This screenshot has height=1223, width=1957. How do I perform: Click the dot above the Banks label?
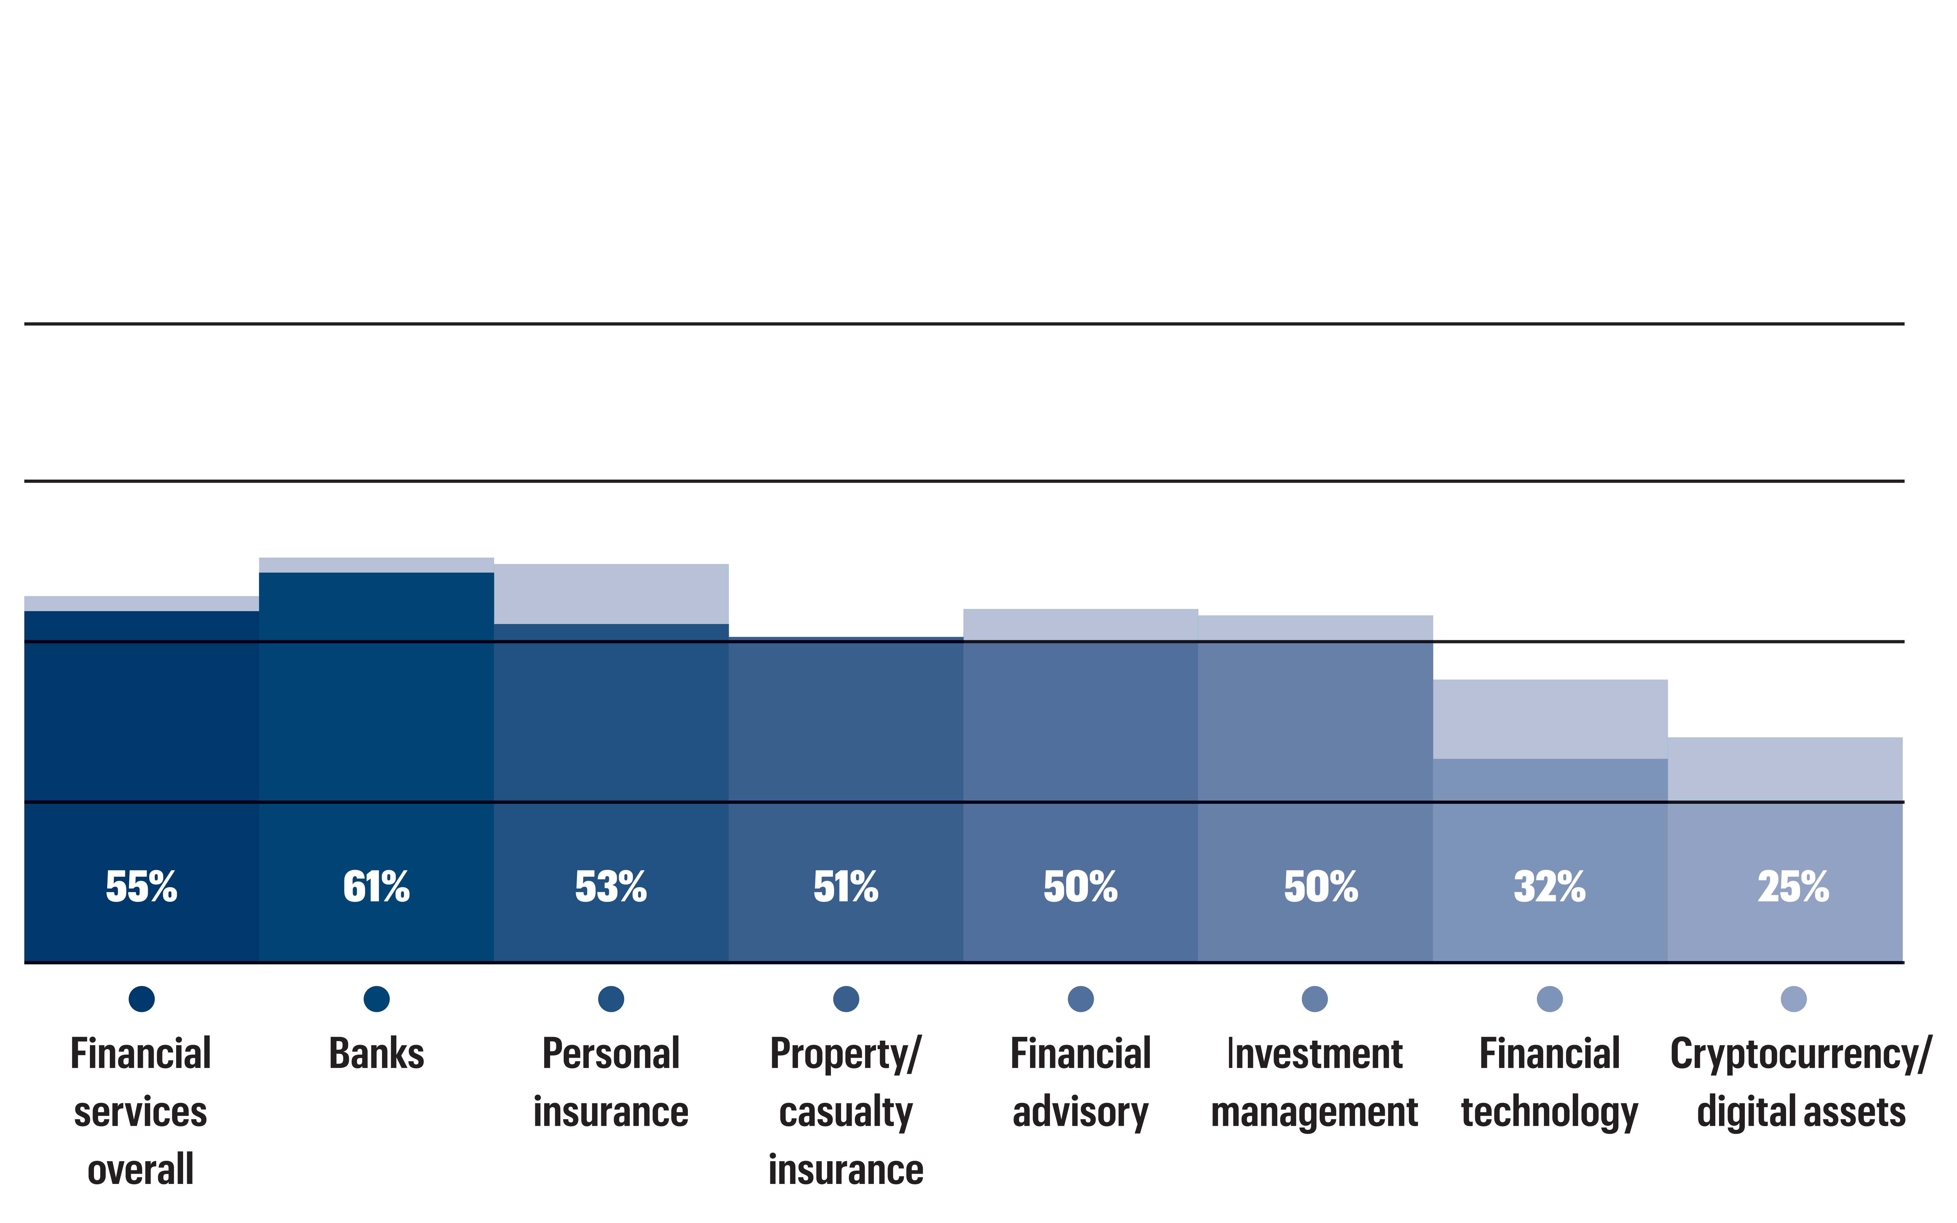(x=376, y=999)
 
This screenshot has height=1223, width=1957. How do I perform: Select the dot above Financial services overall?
(x=141, y=999)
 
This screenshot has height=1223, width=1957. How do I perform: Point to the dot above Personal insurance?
(x=610, y=999)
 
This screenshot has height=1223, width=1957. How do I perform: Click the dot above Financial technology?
(x=1550, y=999)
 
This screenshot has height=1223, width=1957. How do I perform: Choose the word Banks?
(x=376, y=1054)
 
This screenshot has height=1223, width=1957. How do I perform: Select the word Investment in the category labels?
(x=1315, y=1054)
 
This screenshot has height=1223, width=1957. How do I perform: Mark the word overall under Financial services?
(x=141, y=1170)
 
